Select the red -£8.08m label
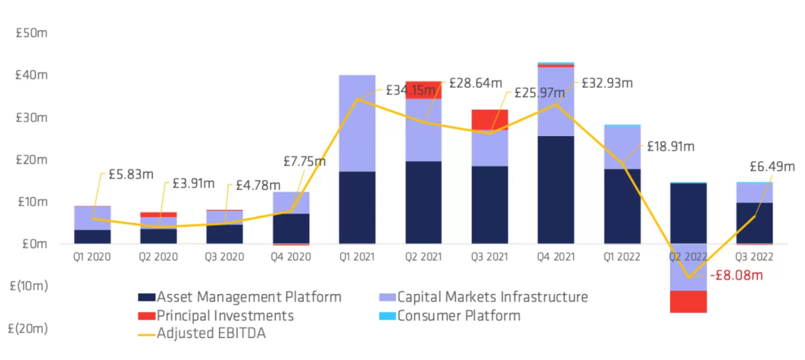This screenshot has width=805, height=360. pos(736,275)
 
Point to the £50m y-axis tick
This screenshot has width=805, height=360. pos(31,33)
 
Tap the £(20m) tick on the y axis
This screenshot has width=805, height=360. pos(28,328)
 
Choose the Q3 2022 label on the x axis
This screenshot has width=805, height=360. pos(754,257)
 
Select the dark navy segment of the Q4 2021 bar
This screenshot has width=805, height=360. pos(556,189)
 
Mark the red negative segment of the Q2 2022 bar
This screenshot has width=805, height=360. pos(689,301)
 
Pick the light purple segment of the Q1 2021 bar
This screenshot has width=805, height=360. pos(357,123)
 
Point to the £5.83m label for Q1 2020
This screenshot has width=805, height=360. pos(131,174)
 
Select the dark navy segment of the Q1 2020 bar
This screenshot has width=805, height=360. pos(92,236)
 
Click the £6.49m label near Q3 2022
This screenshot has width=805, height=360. pos(772,167)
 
